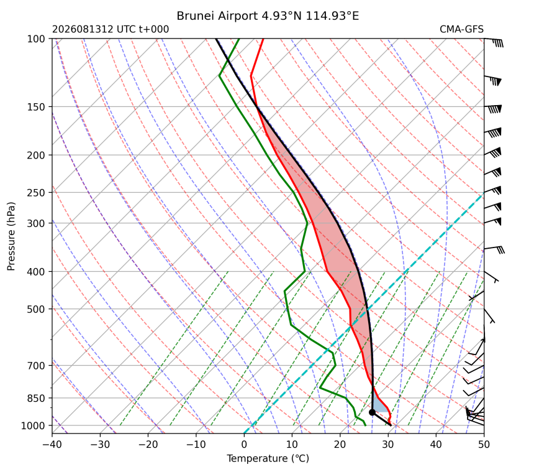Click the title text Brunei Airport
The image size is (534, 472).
tap(217, 16)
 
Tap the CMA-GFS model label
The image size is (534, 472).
tap(461, 29)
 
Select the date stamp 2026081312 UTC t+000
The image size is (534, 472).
tap(111, 29)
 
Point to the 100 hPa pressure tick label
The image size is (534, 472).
tap(36, 39)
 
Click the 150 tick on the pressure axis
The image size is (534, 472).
tap(36, 107)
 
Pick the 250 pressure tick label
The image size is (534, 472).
tap(36, 193)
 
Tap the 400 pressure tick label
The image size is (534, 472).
tap(36, 272)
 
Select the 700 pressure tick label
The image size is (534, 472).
tap(36, 366)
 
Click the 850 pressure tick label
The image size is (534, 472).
tap(36, 398)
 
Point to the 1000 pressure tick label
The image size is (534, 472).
tap(33, 425)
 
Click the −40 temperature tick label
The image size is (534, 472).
tap(52, 445)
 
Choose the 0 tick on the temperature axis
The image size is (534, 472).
tap(244, 445)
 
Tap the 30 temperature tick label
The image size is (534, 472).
tap(388, 445)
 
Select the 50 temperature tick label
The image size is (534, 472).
tap(484, 445)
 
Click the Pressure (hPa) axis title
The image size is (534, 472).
tap(11, 236)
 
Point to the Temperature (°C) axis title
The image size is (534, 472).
tap(268, 458)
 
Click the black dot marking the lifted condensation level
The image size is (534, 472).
tap(372, 412)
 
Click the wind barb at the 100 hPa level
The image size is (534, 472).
tap(494, 42)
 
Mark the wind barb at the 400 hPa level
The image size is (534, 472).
tap(491, 277)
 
